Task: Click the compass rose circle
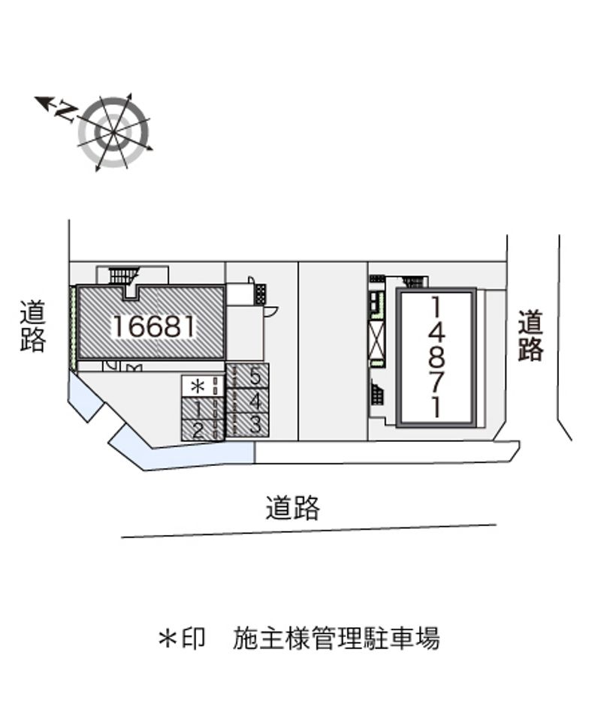pyautogui.click(x=114, y=131)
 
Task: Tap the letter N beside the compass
pyautogui.click(x=67, y=113)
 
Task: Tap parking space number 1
pyautogui.click(x=197, y=410)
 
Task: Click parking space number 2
pyautogui.click(x=197, y=431)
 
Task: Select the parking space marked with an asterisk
pyautogui.click(x=198, y=387)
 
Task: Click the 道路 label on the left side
pyautogui.click(x=33, y=326)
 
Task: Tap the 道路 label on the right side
pyautogui.click(x=530, y=335)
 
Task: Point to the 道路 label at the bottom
pyautogui.click(x=293, y=509)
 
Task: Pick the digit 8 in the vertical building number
pyautogui.click(x=436, y=356)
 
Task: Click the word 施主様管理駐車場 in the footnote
pyautogui.click(x=336, y=639)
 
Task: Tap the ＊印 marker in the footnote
pyautogui.click(x=181, y=639)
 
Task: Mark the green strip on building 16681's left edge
pyautogui.click(x=73, y=328)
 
